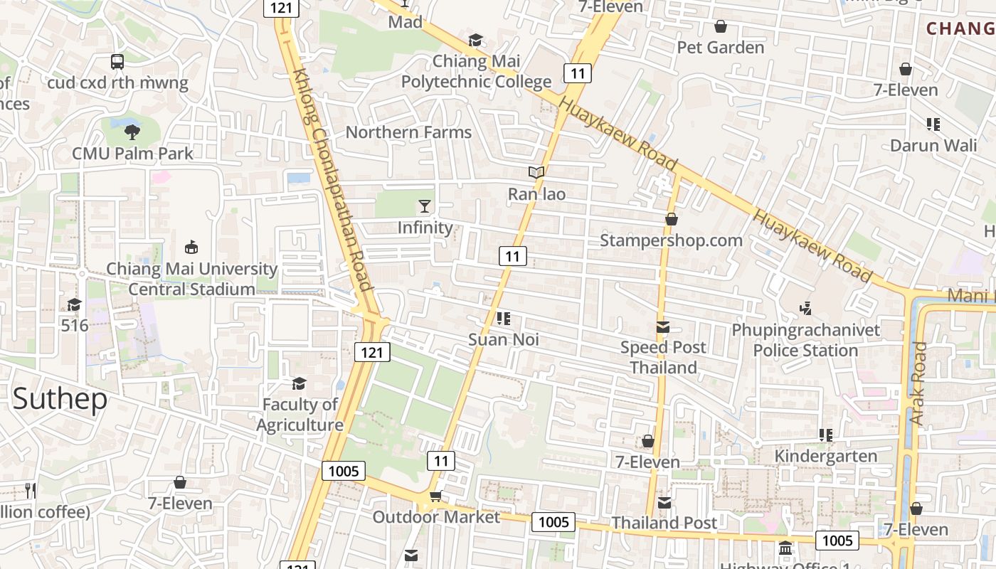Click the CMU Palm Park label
pos(132,153)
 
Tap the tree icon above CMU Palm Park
pos(132,131)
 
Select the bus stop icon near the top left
pos(117,62)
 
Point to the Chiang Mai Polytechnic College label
pos(476,72)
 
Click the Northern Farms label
pos(408,132)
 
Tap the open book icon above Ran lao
pos(536,172)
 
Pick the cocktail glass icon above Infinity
pos(425,206)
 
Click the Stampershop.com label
pos(671,240)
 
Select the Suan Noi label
pos(504,340)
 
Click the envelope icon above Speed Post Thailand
pos(663,327)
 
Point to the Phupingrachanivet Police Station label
pos(805,341)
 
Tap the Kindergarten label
pos(825,456)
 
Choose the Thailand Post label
pos(664,523)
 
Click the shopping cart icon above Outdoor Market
pos(435,496)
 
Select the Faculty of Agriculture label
pos(300,415)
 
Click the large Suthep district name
pos(60,399)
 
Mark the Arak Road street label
pos(918,384)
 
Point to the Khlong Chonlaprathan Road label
pos(332,179)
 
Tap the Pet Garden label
pos(720,48)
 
